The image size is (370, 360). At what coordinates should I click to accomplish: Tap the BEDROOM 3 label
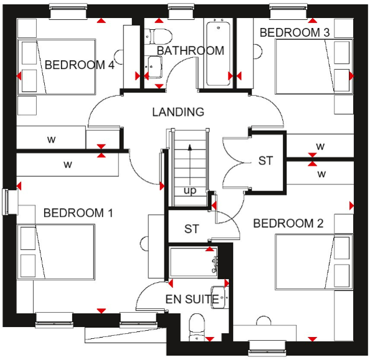coord(294,32)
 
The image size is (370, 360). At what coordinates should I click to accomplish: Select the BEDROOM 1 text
coord(78,213)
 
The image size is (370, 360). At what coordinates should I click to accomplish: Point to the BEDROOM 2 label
coord(288,223)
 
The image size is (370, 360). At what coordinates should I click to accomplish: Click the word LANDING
coord(178,112)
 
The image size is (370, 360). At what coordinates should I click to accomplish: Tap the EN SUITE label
coord(192,300)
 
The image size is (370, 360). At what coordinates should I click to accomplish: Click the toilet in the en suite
coord(197,326)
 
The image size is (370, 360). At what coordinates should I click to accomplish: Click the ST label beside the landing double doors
coord(266,161)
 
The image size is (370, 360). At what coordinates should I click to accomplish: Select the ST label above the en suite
coord(191,229)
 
